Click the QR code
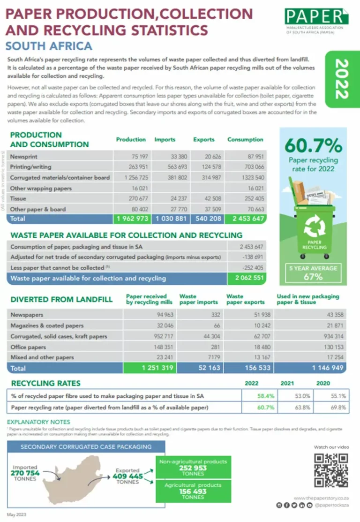click(331, 470)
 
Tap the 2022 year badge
click(343, 79)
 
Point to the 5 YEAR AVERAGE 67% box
click(313, 272)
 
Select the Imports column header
click(165, 140)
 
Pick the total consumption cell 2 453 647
click(246, 219)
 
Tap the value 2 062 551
click(246, 278)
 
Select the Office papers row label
click(28, 347)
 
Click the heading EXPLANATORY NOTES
click(39, 422)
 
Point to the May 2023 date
click(17, 514)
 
